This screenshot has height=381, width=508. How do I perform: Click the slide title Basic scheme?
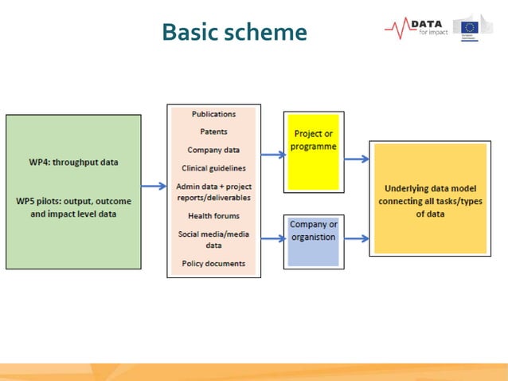tap(233, 32)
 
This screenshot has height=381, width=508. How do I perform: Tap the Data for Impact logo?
tap(416, 28)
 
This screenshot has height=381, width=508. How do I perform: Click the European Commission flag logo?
tap(471, 28)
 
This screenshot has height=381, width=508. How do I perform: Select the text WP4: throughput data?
tap(73, 162)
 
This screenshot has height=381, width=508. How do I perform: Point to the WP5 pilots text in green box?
tap(73, 207)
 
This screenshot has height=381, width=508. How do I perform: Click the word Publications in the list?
tap(213, 114)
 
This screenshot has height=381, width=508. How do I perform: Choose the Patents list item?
tap(213, 132)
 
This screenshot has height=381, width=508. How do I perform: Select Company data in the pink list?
tap(213, 150)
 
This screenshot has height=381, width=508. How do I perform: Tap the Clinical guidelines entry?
tap(213, 168)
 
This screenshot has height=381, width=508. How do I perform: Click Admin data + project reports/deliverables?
tap(213, 191)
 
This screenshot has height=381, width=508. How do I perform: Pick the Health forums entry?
tap(213, 216)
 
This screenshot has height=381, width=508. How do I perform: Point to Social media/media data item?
tap(213, 239)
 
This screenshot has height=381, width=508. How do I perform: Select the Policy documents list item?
tap(213, 263)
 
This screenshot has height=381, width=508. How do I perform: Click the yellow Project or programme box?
tap(314, 141)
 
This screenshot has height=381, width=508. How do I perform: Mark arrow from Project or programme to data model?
tap(357, 159)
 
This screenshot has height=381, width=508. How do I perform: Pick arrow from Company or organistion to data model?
tap(357, 238)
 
